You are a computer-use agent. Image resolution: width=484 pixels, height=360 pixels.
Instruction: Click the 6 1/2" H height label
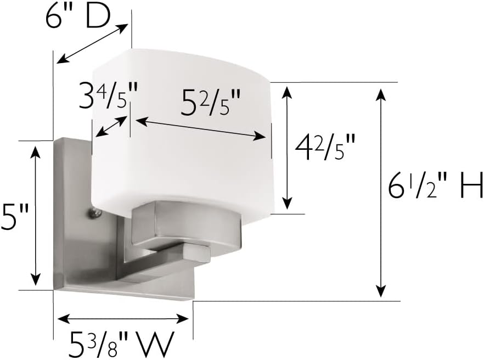[x=435, y=185]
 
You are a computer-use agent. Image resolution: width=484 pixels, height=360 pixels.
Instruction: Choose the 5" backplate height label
[x=15, y=217]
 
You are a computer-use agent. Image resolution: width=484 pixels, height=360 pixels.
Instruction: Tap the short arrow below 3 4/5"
[x=111, y=126]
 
